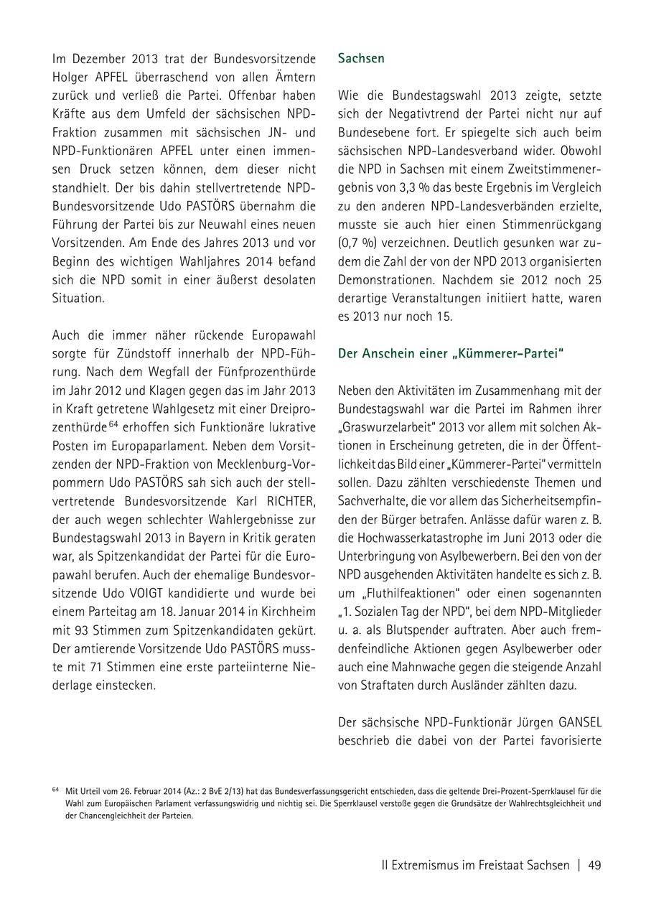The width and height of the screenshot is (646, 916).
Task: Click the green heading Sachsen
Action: [x=361, y=58]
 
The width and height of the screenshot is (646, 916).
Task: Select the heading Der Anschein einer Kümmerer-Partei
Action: [x=451, y=353]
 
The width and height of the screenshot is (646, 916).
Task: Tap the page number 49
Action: [x=594, y=865]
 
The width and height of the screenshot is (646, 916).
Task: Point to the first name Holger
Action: [x=70, y=77]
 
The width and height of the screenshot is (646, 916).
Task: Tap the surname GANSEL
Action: [x=576, y=722]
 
